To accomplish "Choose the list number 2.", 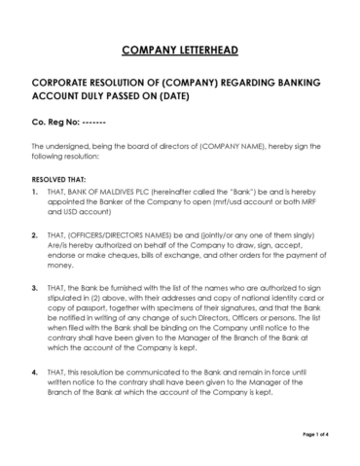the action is point(35,236).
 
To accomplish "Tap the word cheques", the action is point(128,263).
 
